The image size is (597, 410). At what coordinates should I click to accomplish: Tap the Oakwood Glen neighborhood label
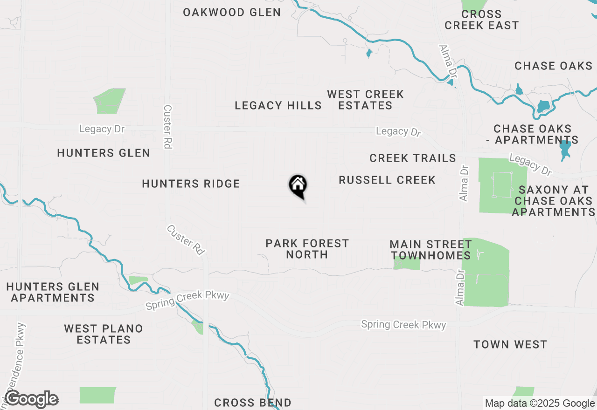click(232, 12)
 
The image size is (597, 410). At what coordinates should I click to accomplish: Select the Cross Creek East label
click(481, 20)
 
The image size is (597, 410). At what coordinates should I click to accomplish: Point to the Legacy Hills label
click(278, 105)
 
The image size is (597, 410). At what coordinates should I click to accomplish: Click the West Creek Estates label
click(365, 100)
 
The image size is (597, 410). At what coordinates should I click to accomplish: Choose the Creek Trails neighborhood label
click(413, 158)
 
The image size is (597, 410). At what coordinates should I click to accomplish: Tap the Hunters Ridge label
click(191, 184)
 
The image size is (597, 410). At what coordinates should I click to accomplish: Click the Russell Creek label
click(387, 180)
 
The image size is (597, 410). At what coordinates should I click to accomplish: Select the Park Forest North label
click(307, 249)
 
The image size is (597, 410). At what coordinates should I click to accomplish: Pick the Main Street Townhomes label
click(430, 250)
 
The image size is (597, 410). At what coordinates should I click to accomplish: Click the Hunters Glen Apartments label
click(53, 292)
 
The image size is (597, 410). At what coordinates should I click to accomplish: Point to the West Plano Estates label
click(104, 334)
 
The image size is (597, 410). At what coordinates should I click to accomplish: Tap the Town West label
click(510, 344)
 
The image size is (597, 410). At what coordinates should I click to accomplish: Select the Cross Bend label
click(253, 403)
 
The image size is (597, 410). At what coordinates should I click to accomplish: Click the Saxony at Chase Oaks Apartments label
click(554, 201)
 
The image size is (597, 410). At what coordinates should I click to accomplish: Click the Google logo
click(31, 399)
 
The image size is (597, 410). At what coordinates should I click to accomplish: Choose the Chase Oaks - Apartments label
click(536, 134)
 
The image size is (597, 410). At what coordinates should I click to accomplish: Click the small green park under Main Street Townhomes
click(407, 263)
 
